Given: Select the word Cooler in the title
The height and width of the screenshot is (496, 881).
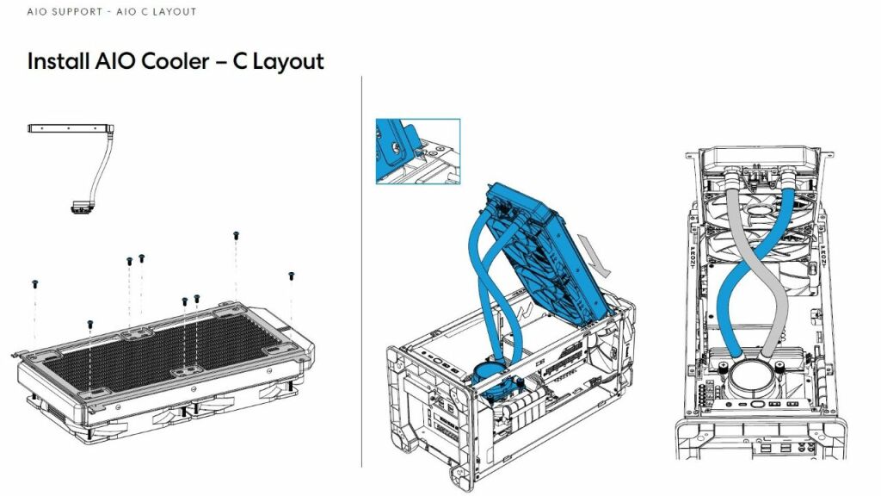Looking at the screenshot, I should coord(165,62).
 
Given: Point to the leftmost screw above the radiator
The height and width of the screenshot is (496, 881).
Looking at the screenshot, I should coord(34,283).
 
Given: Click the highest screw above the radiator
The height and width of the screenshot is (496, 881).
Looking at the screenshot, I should coord(236,235).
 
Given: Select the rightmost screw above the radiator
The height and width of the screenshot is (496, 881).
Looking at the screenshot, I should coord(291,276).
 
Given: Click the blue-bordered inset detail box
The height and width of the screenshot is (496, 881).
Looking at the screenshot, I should coord(417,152).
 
